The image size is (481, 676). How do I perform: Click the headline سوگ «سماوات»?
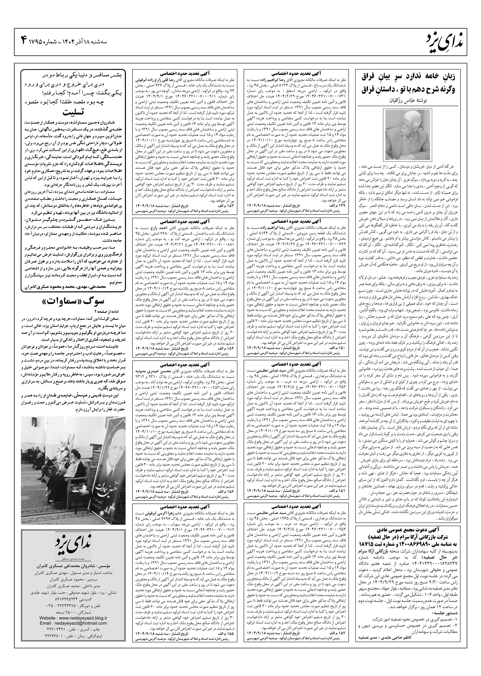tap(72, 302)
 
